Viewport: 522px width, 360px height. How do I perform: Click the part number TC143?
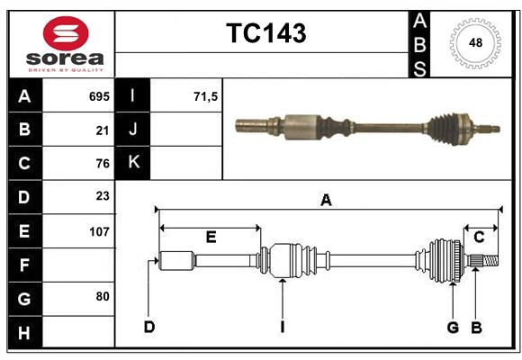(265, 33)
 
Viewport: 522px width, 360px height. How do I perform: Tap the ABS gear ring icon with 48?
(473, 43)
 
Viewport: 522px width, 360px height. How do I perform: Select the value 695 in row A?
(99, 96)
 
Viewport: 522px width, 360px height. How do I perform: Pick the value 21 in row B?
(103, 130)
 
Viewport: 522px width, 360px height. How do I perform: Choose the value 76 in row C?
(103, 164)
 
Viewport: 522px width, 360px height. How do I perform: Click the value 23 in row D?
(103, 197)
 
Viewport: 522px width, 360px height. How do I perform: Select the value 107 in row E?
(99, 231)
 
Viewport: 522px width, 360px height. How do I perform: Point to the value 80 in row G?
(103, 297)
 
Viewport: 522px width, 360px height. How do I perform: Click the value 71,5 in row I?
(206, 96)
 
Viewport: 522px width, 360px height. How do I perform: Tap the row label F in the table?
(24, 265)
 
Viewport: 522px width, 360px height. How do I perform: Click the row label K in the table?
(133, 163)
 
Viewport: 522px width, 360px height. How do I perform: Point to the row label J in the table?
(133, 130)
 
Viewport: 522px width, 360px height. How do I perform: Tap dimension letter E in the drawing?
(211, 238)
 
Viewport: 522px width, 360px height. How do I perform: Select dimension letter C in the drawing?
(479, 238)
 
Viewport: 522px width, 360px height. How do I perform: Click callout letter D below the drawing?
(148, 327)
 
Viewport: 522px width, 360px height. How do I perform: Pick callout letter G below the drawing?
(453, 327)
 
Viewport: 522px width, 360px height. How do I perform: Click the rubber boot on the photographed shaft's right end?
(445, 128)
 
